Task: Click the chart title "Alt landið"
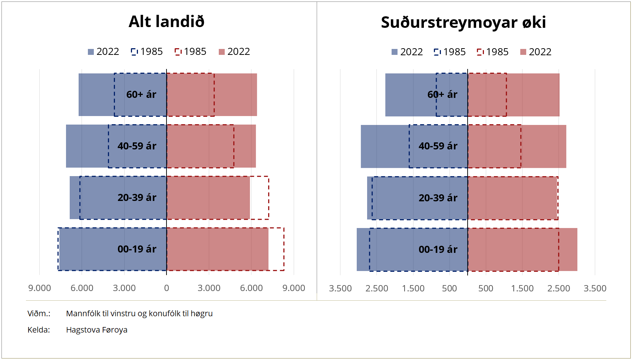click(167, 22)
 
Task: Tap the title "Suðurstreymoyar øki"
click(463, 22)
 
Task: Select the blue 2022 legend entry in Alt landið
click(103, 52)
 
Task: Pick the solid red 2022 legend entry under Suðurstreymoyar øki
click(536, 52)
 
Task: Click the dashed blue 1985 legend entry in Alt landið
click(147, 52)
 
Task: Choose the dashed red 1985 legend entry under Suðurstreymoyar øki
click(493, 52)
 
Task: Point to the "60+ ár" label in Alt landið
click(141, 95)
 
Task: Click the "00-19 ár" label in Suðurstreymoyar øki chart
click(438, 250)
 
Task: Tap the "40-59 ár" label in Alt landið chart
click(137, 146)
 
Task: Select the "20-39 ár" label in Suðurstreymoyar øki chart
click(438, 198)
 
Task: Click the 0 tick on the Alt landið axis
click(167, 288)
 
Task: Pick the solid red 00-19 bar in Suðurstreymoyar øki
click(568, 250)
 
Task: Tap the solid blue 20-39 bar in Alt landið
click(75, 198)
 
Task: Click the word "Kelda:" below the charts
click(39, 330)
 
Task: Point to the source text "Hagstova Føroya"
click(96, 330)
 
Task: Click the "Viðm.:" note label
click(39, 313)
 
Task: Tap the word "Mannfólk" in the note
click(83, 313)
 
